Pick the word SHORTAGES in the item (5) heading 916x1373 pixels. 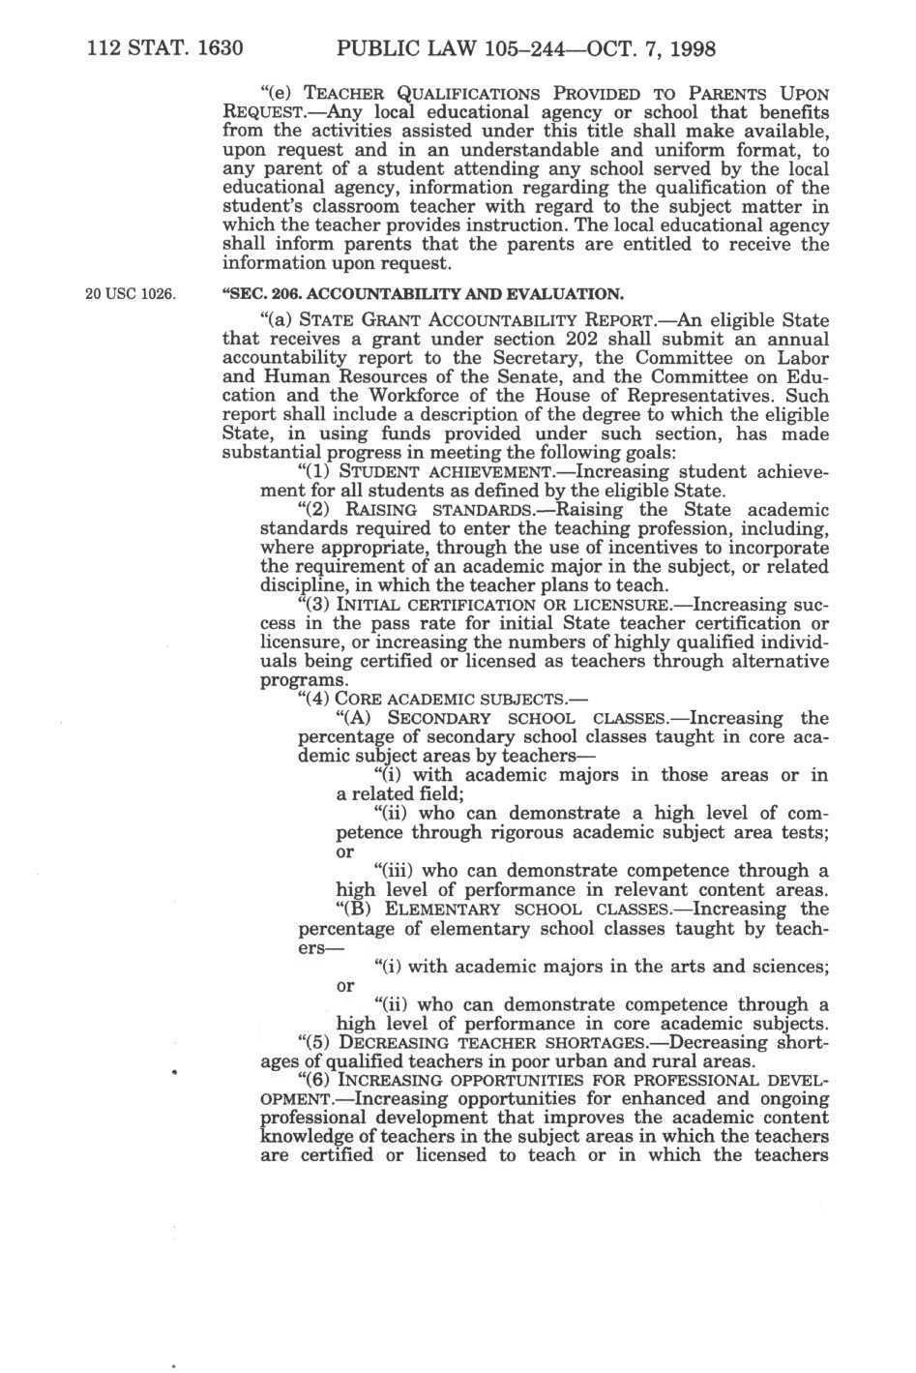pos(605,1043)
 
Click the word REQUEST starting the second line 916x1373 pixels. pos(261,112)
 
